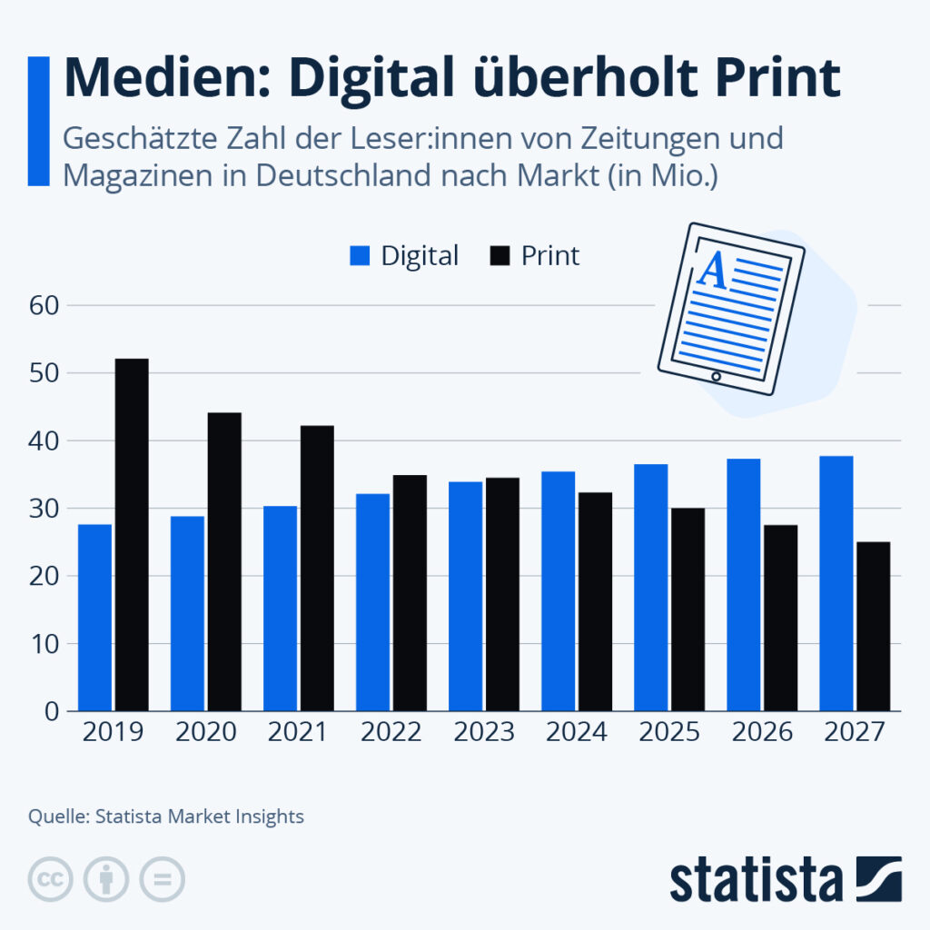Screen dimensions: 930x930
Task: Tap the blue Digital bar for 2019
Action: coord(94,618)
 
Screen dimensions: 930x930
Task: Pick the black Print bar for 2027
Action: coord(873,627)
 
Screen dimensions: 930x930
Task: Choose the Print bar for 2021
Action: coord(317,568)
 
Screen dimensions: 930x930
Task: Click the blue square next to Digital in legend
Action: coord(361,256)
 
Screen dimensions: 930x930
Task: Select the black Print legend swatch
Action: coord(500,256)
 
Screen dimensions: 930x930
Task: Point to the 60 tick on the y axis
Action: coord(45,306)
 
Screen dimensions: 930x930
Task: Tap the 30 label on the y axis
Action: coord(45,509)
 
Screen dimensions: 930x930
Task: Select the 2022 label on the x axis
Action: coord(391,732)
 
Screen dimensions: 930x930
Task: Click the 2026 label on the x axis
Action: coord(761,732)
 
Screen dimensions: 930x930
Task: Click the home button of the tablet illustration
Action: coord(716,376)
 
